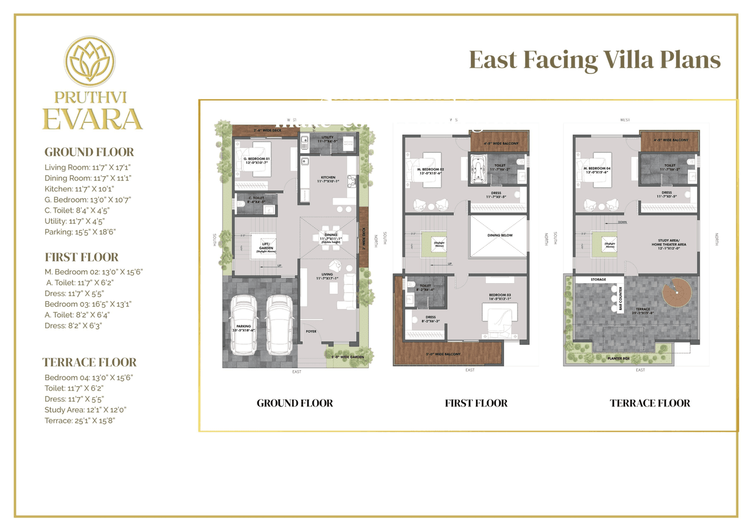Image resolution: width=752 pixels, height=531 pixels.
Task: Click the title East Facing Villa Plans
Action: (x=595, y=61)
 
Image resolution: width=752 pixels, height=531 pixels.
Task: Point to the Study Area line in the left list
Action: (x=85, y=410)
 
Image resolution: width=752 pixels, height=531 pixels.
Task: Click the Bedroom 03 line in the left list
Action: (x=88, y=304)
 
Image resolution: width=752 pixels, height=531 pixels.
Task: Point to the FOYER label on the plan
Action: (x=311, y=331)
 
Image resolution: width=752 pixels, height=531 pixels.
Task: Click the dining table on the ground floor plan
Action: (x=330, y=238)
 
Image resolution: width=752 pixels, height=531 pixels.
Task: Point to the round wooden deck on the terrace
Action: (x=676, y=291)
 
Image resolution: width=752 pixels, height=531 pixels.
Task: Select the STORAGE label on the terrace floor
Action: (x=599, y=280)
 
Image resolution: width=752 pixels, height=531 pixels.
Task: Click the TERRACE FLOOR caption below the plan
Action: (x=650, y=403)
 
